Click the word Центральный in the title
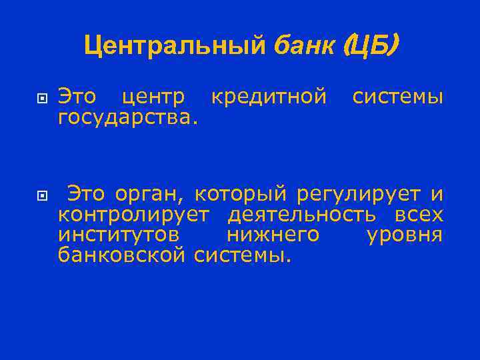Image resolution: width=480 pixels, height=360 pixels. pyautogui.click(x=176, y=45)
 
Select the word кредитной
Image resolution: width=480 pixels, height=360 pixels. pyautogui.click(x=269, y=97)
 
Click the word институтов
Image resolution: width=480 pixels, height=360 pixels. pyautogui.click(x=118, y=235)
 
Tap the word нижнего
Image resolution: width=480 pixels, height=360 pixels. pyautogui.click(x=273, y=235)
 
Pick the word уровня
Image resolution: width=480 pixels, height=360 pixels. pyautogui.click(x=405, y=235)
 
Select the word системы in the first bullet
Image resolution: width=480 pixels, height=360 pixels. pyautogui.click(x=397, y=97)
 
